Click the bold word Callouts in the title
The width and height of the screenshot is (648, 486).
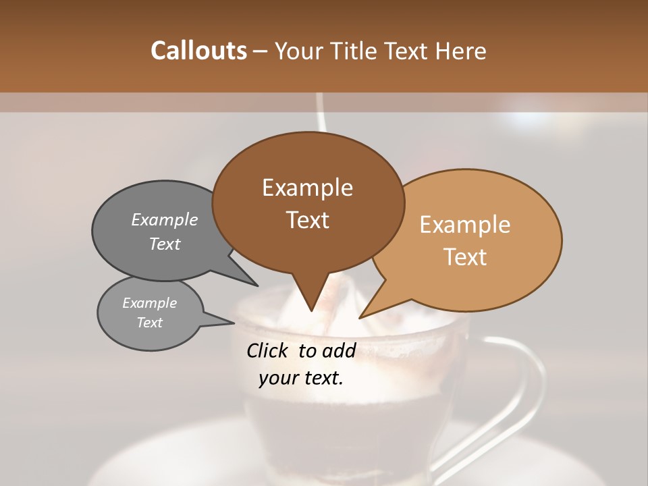[198, 51]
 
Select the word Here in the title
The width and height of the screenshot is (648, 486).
[462, 51]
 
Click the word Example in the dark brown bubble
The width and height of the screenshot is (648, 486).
[307, 188]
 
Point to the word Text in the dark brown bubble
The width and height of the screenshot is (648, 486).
[307, 220]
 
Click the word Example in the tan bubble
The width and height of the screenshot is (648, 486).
[465, 225]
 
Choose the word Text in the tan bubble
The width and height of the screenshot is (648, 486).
[465, 257]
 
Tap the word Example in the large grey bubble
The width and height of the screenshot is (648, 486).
[165, 219]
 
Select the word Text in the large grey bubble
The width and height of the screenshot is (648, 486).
[165, 244]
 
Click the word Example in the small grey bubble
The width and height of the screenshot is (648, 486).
[149, 303]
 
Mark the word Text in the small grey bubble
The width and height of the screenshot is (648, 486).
[149, 323]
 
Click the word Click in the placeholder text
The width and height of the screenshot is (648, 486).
[269, 350]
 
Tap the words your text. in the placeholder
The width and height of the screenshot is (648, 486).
[301, 378]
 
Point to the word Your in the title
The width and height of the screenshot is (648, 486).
[299, 51]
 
